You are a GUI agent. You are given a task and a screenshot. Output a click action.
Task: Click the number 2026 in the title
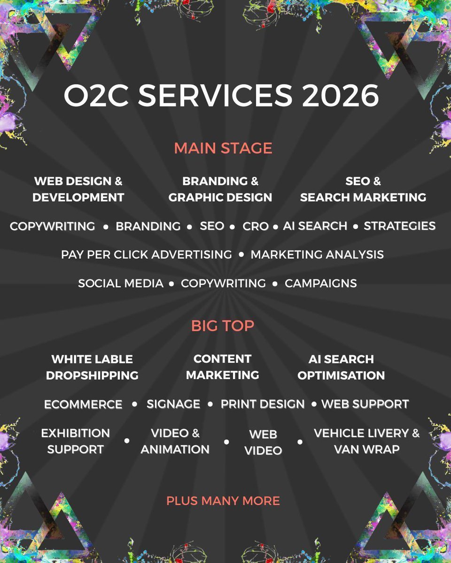[x=341, y=96]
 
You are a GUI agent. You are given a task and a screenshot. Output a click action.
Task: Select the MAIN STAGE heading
[x=223, y=148]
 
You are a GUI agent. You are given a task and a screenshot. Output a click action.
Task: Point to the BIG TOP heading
[x=223, y=326]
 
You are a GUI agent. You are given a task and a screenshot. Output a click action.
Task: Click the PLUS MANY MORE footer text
[x=223, y=501]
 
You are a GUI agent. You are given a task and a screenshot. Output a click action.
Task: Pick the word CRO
[x=256, y=226]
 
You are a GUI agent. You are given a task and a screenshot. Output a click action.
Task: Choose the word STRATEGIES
[x=400, y=226]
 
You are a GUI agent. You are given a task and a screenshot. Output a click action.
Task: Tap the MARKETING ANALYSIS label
[x=317, y=255]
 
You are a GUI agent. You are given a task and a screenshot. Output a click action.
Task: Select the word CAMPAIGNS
[x=321, y=283]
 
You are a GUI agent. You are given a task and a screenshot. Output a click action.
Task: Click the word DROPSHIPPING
[x=92, y=375]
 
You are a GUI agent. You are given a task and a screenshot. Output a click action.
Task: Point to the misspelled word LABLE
[x=112, y=359]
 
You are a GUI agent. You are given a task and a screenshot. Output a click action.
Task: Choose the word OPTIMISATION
[x=341, y=375]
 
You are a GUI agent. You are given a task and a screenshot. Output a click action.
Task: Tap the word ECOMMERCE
[x=83, y=404]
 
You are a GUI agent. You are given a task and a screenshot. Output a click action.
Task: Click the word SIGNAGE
[x=173, y=404]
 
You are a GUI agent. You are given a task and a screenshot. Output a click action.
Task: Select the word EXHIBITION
[x=75, y=433]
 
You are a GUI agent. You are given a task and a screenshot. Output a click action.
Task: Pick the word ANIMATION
[x=175, y=449]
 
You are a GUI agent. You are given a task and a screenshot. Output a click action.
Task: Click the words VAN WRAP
[x=366, y=449]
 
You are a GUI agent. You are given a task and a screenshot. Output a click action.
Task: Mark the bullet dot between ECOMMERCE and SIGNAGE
[x=135, y=404]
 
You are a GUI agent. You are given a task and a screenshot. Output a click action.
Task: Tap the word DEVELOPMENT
[x=78, y=198]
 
